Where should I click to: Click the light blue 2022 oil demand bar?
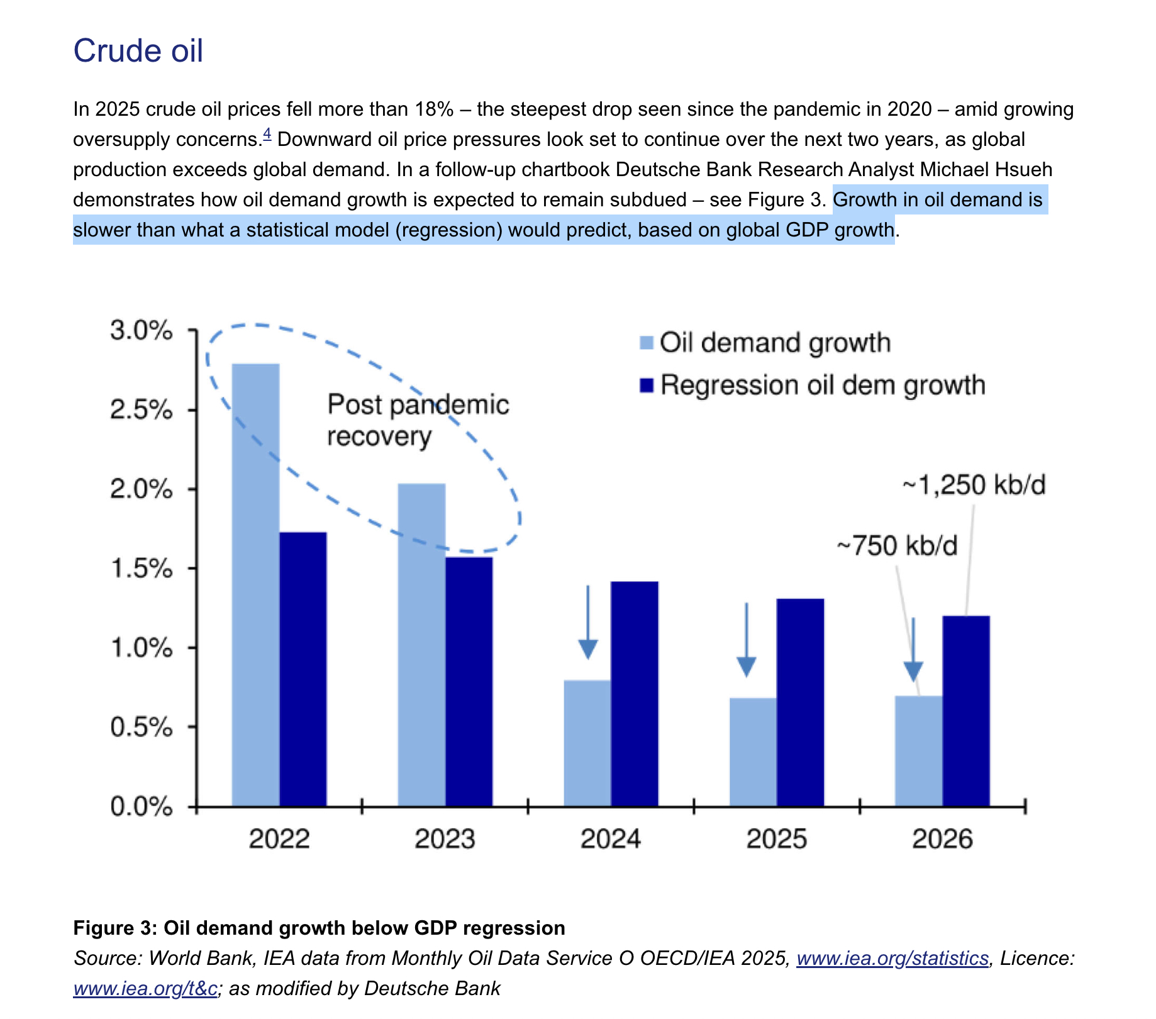tap(255, 585)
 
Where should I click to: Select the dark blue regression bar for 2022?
tap(303, 669)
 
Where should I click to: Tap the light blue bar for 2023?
tap(421, 645)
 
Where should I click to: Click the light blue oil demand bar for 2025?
tap(753, 752)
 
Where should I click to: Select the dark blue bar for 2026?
tap(966, 711)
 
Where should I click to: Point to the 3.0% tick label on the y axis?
tap(141, 330)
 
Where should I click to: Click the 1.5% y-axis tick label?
tap(141, 569)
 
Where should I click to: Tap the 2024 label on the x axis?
tap(610, 839)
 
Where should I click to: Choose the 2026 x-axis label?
tap(942, 839)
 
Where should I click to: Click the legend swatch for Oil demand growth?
tap(647, 343)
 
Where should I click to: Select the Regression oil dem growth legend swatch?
tap(647, 385)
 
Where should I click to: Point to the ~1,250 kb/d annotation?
tap(974, 485)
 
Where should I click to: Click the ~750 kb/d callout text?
tap(897, 545)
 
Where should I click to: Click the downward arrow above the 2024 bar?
tap(587, 623)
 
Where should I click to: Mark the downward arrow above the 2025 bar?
tap(746, 640)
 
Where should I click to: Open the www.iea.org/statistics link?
tap(892, 958)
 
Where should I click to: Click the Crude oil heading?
tap(138, 50)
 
